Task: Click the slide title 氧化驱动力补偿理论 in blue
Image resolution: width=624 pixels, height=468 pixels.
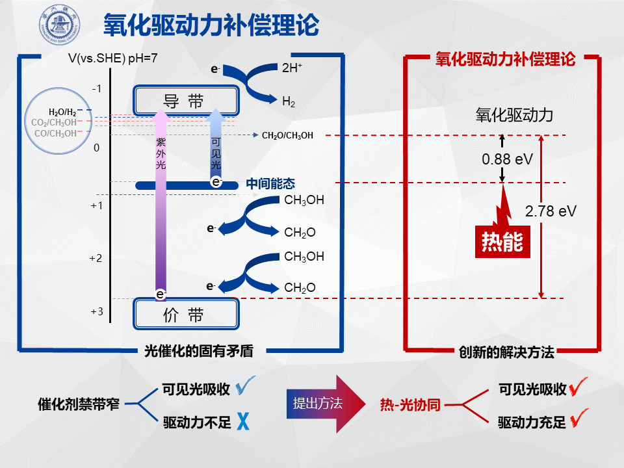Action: click(211, 25)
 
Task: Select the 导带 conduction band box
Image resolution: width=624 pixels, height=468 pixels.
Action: click(186, 101)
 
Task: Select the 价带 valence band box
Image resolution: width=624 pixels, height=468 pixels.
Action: click(186, 315)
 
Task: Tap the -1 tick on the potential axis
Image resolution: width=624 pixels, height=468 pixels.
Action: click(96, 88)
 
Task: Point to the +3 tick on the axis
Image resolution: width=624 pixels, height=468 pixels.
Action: click(96, 311)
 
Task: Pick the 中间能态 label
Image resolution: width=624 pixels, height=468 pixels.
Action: click(270, 184)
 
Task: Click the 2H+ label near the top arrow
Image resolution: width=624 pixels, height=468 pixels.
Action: click(292, 66)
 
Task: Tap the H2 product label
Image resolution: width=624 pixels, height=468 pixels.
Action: click(289, 101)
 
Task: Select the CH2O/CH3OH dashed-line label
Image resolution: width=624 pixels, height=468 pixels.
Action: click(287, 136)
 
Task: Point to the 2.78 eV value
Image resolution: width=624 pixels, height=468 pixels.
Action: click(551, 211)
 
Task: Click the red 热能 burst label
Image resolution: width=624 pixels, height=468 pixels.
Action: click(501, 241)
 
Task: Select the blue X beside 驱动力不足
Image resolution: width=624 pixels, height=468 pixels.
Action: click(244, 422)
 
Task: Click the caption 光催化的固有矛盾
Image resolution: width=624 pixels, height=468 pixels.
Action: click(198, 351)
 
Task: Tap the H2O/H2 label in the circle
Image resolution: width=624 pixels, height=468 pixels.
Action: click(62, 112)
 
